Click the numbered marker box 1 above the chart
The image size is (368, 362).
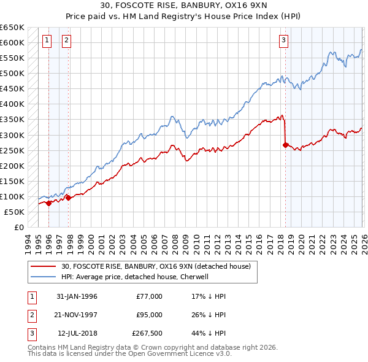coord(47,41)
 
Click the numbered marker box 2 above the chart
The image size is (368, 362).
coord(66,41)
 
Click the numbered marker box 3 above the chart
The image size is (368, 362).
coord(284,41)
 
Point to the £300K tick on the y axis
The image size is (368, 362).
coord(12,135)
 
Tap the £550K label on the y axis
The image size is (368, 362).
coord(12,58)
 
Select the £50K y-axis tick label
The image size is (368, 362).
coord(15,212)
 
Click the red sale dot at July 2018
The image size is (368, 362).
coord(286,145)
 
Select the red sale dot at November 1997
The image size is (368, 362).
coord(68,198)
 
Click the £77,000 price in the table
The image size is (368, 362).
coord(149,296)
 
